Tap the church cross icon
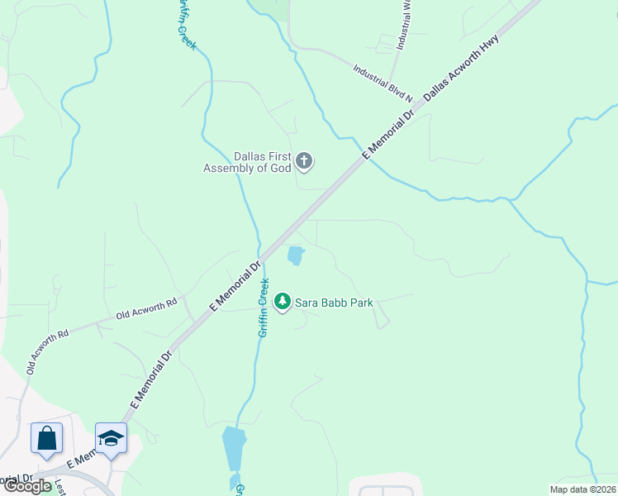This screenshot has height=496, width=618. pos(304,160)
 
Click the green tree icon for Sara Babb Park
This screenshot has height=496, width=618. pos(283,302)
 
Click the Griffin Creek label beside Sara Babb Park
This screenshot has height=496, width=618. pos(263,308)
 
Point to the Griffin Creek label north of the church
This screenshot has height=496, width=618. pos(184,25)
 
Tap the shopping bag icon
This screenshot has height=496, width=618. pos(46,437)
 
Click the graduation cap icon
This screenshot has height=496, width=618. pos(111,437)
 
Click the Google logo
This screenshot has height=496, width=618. pos(27,485)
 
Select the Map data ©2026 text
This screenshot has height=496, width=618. pos(582,489)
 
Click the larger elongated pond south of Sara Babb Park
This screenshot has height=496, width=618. pos(234,448)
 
